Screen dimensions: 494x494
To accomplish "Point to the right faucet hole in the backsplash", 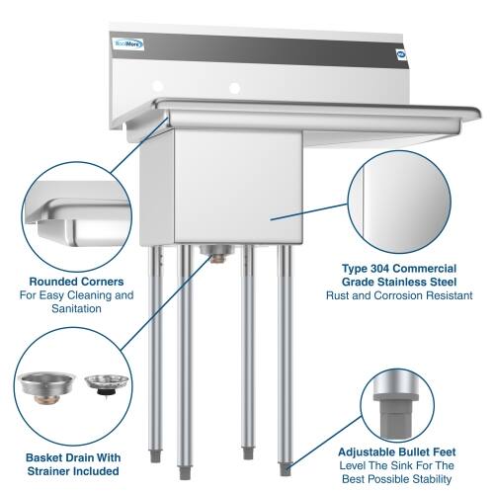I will [234, 87].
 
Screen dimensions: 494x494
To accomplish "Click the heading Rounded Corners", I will [76, 281].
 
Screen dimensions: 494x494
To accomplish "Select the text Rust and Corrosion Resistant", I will [406, 294].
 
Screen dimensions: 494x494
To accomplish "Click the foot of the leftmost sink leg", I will [157, 457].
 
